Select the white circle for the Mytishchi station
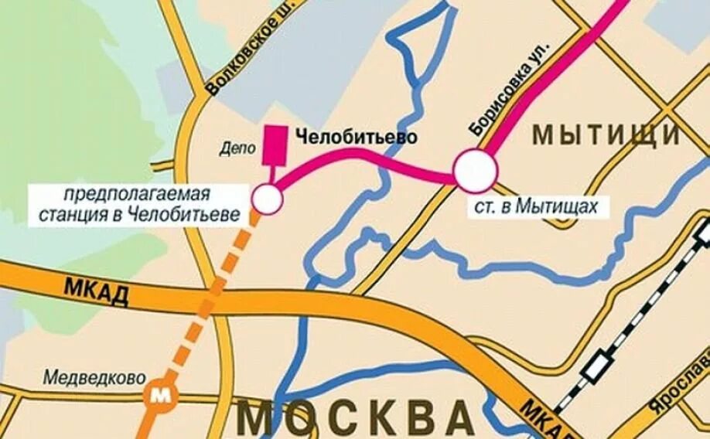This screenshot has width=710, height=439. tap(474, 172)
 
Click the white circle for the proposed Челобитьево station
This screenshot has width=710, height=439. tap(268, 199)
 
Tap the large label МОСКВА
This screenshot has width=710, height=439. tap(355, 417)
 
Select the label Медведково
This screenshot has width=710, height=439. tap(94, 378)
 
